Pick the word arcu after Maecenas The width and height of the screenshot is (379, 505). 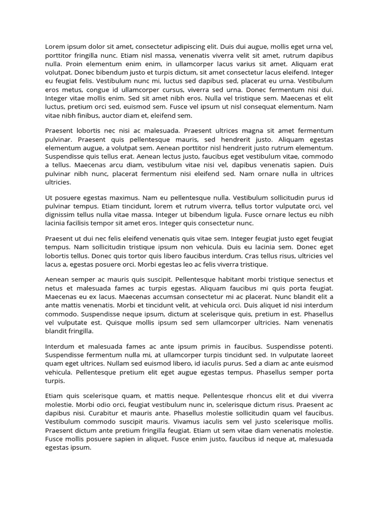(x=109, y=165)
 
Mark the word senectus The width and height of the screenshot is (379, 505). (x=311, y=279)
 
